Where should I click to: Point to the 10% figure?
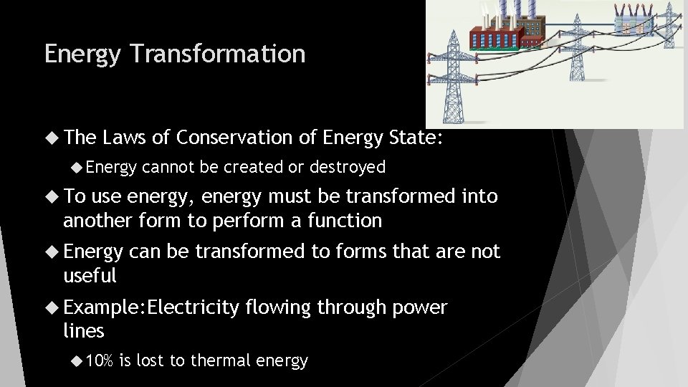(99, 360)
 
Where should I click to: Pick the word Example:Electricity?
(150, 308)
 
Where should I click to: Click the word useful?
(90, 275)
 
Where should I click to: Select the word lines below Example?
(84, 331)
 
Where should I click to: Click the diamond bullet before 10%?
(77, 360)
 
